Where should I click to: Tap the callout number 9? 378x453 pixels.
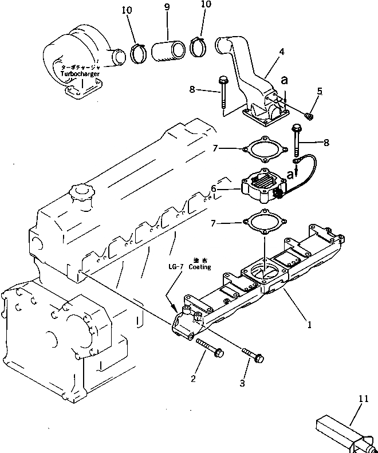166,7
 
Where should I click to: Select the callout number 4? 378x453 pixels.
282,52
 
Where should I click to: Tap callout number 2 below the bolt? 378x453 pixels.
193,378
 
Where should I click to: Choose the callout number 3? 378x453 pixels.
242,383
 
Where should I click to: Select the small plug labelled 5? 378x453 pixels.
310,117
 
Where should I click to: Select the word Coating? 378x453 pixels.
199,267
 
